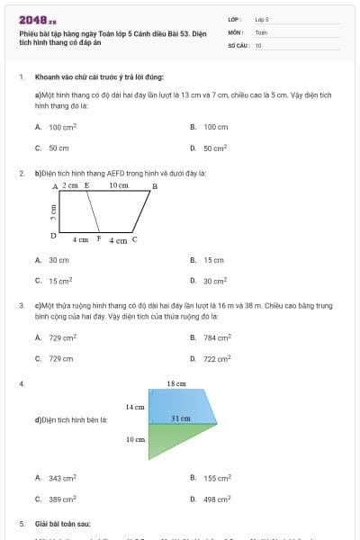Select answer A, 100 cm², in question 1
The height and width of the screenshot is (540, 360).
pyautogui.click(x=62, y=128)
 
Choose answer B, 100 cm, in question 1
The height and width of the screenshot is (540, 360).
pyautogui.click(x=215, y=128)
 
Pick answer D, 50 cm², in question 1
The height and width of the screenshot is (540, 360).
pyautogui.click(x=215, y=148)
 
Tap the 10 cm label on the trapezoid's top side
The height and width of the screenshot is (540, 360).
pyautogui.click(x=118, y=185)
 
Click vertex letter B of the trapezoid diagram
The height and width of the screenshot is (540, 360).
pyautogui.click(x=154, y=186)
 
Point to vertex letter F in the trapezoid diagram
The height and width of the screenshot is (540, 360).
pyautogui.click(x=98, y=239)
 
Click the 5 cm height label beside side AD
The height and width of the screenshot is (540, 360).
pyautogui.click(x=53, y=211)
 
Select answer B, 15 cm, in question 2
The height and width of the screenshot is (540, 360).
pyautogui.click(x=212, y=260)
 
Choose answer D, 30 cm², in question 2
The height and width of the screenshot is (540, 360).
pyautogui.click(x=215, y=280)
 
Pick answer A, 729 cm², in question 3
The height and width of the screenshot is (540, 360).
pyautogui.click(x=62, y=338)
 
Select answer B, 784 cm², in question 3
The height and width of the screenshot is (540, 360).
pyautogui.click(x=217, y=338)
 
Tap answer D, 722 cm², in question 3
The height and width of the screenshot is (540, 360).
pyautogui.click(x=217, y=358)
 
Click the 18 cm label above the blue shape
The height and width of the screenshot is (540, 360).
pyautogui.click(x=175, y=384)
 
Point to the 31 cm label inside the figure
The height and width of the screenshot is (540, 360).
pyautogui.click(x=180, y=418)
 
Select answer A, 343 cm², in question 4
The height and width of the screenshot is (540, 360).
pyautogui.click(x=62, y=478)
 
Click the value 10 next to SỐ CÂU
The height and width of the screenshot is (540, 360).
pyautogui.click(x=259, y=44)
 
